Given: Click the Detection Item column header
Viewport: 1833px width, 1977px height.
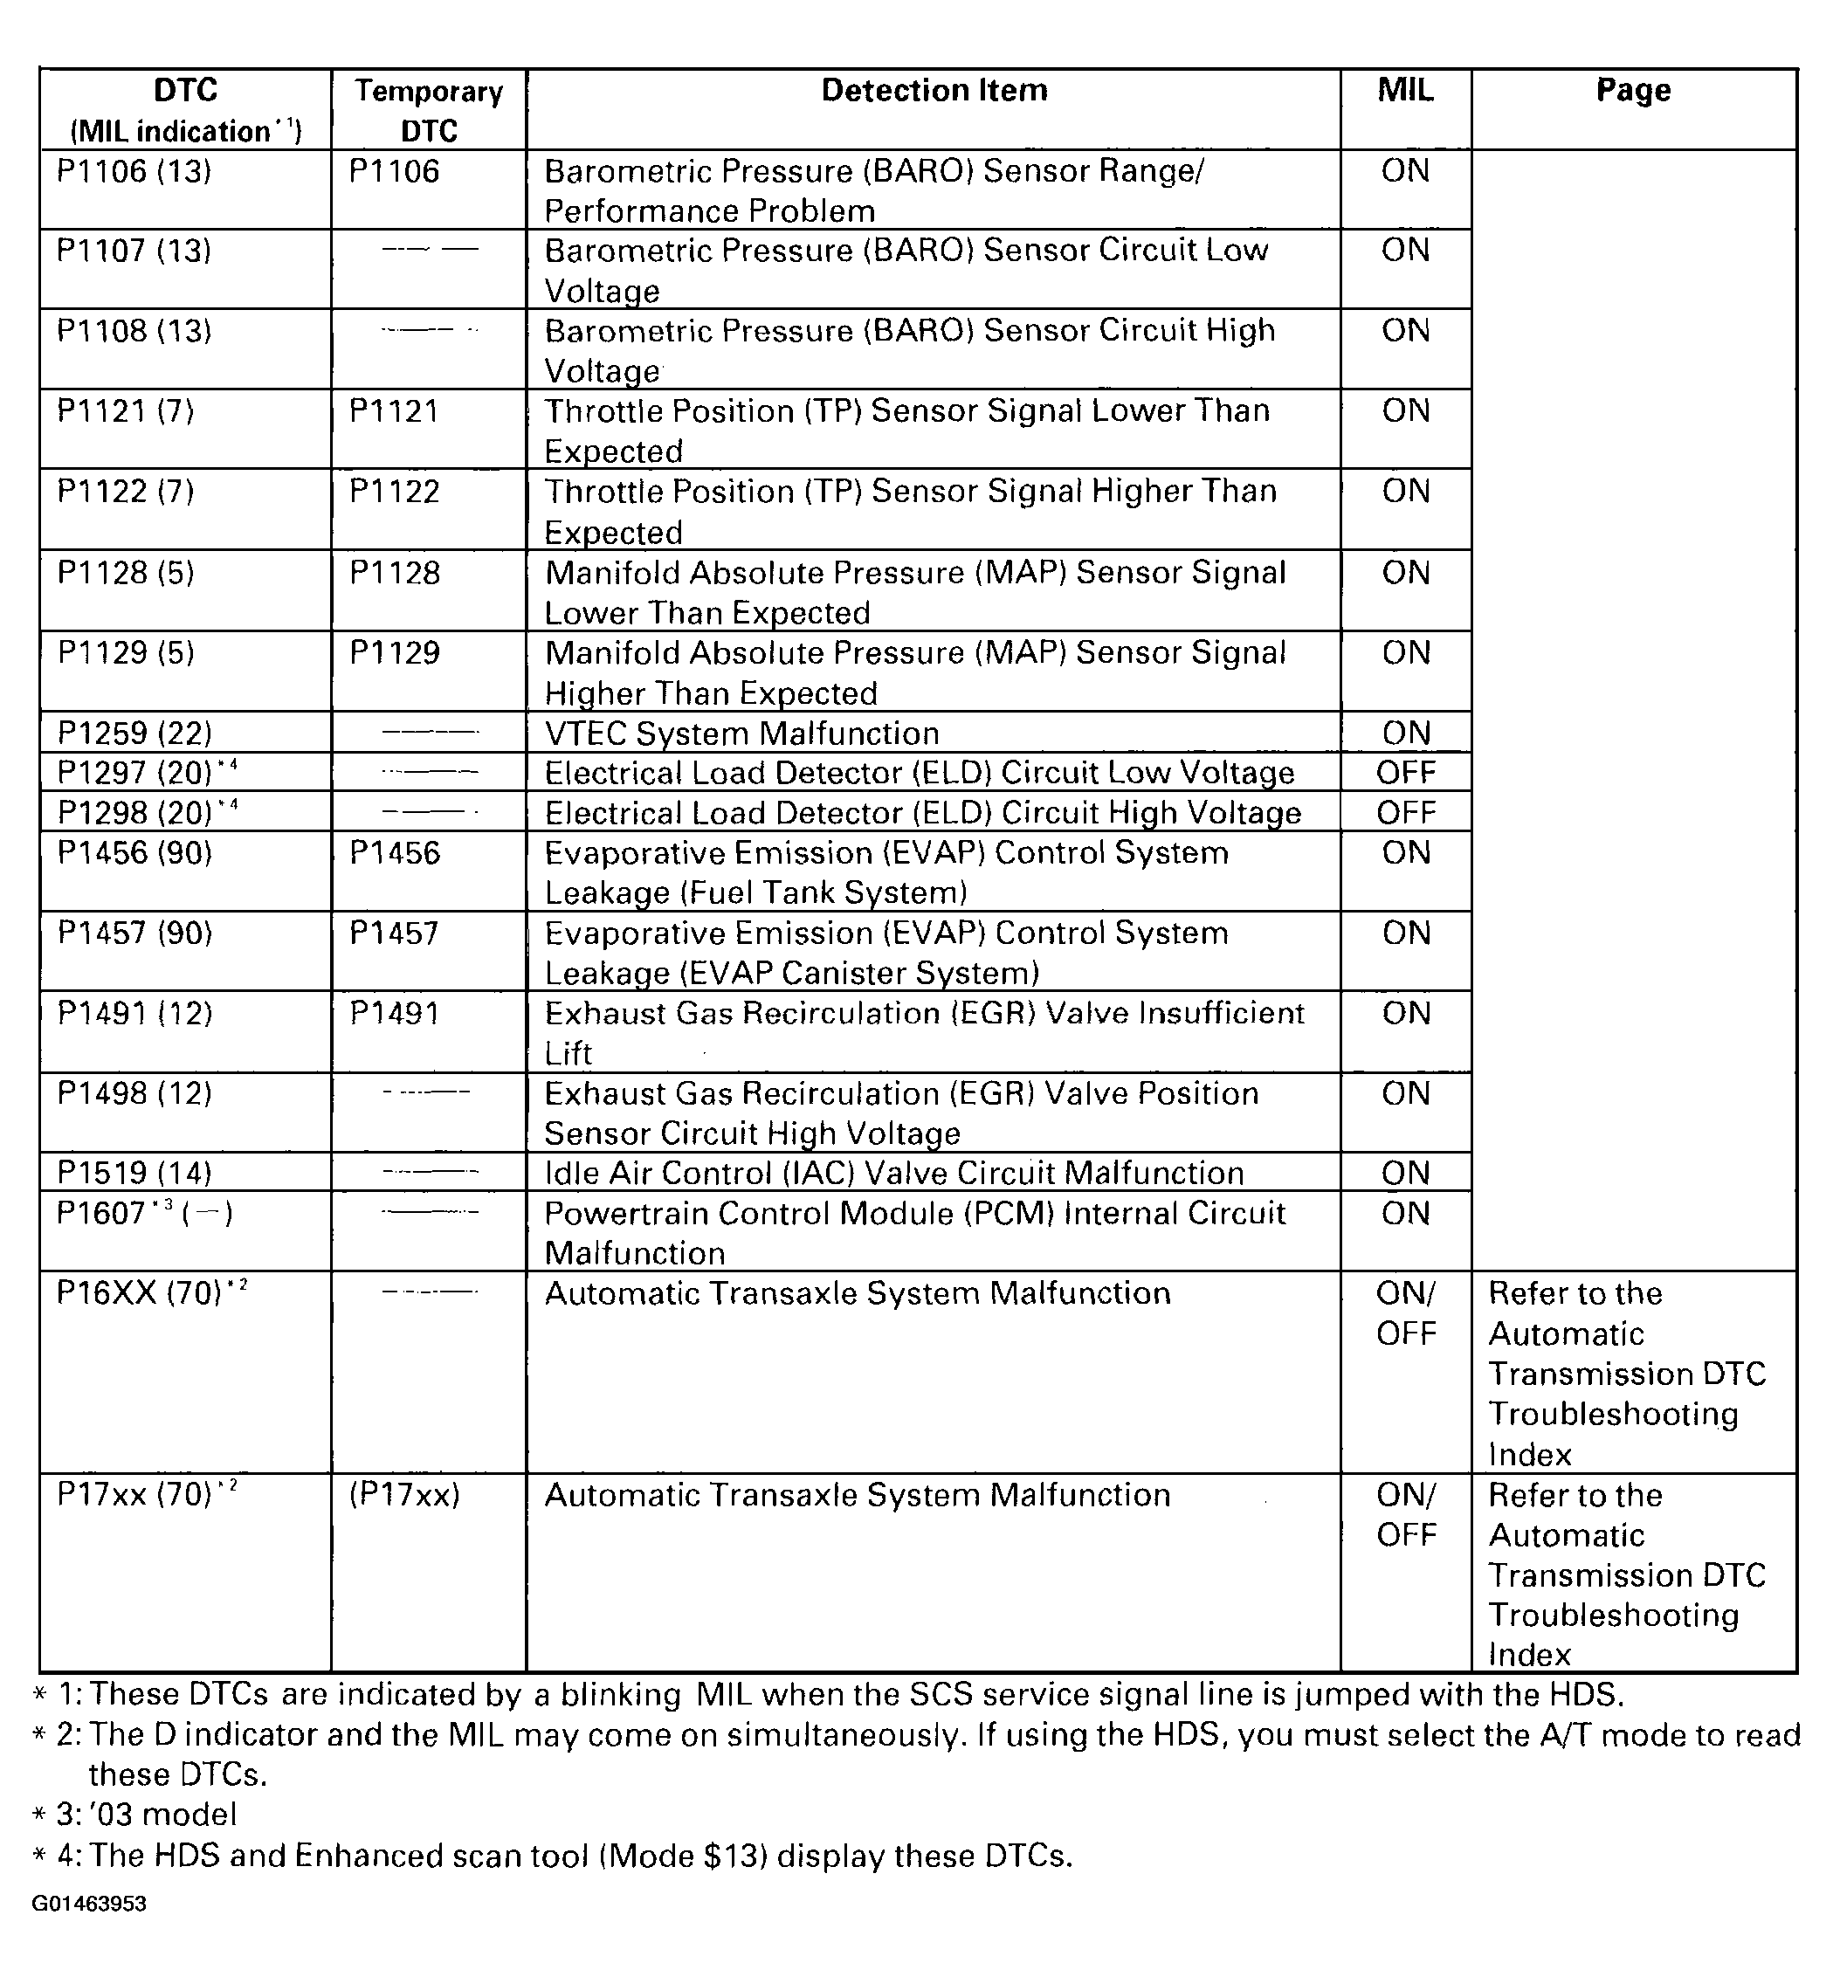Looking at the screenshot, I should (x=934, y=90).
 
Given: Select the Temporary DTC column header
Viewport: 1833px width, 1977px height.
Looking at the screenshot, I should (x=429, y=110).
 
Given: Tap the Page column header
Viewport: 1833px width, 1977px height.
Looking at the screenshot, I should (x=1633, y=90).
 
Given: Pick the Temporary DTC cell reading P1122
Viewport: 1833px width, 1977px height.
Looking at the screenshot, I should (x=394, y=491).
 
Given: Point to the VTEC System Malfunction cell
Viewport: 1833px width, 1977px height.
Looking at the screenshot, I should (x=741, y=733).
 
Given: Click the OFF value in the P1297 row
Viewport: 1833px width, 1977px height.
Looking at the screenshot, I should (x=1405, y=773).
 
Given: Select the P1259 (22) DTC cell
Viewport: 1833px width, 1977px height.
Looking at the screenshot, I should (x=134, y=733).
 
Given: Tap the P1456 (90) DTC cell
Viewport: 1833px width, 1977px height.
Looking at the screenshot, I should (x=134, y=853).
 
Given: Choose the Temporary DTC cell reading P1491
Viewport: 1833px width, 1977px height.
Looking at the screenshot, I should (x=394, y=1013).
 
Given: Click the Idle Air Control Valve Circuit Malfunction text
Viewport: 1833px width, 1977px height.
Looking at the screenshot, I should (x=893, y=1173).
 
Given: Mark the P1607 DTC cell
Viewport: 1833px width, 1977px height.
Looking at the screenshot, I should (x=145, y=1213).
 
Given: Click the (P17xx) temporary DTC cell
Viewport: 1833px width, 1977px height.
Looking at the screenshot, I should (x=403, y=1495).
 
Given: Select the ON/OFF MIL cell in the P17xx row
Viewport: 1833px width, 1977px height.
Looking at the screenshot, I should (x=1405, y=1515).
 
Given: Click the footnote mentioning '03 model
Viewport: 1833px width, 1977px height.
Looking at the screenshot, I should (x=146, y=1815).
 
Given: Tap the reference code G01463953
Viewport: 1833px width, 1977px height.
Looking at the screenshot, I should (x=89, y=1904).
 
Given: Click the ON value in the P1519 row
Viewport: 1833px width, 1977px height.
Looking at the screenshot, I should (x=1405, y=1173).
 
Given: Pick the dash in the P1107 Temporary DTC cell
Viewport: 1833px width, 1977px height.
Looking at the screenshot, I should (x=430, y=250).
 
